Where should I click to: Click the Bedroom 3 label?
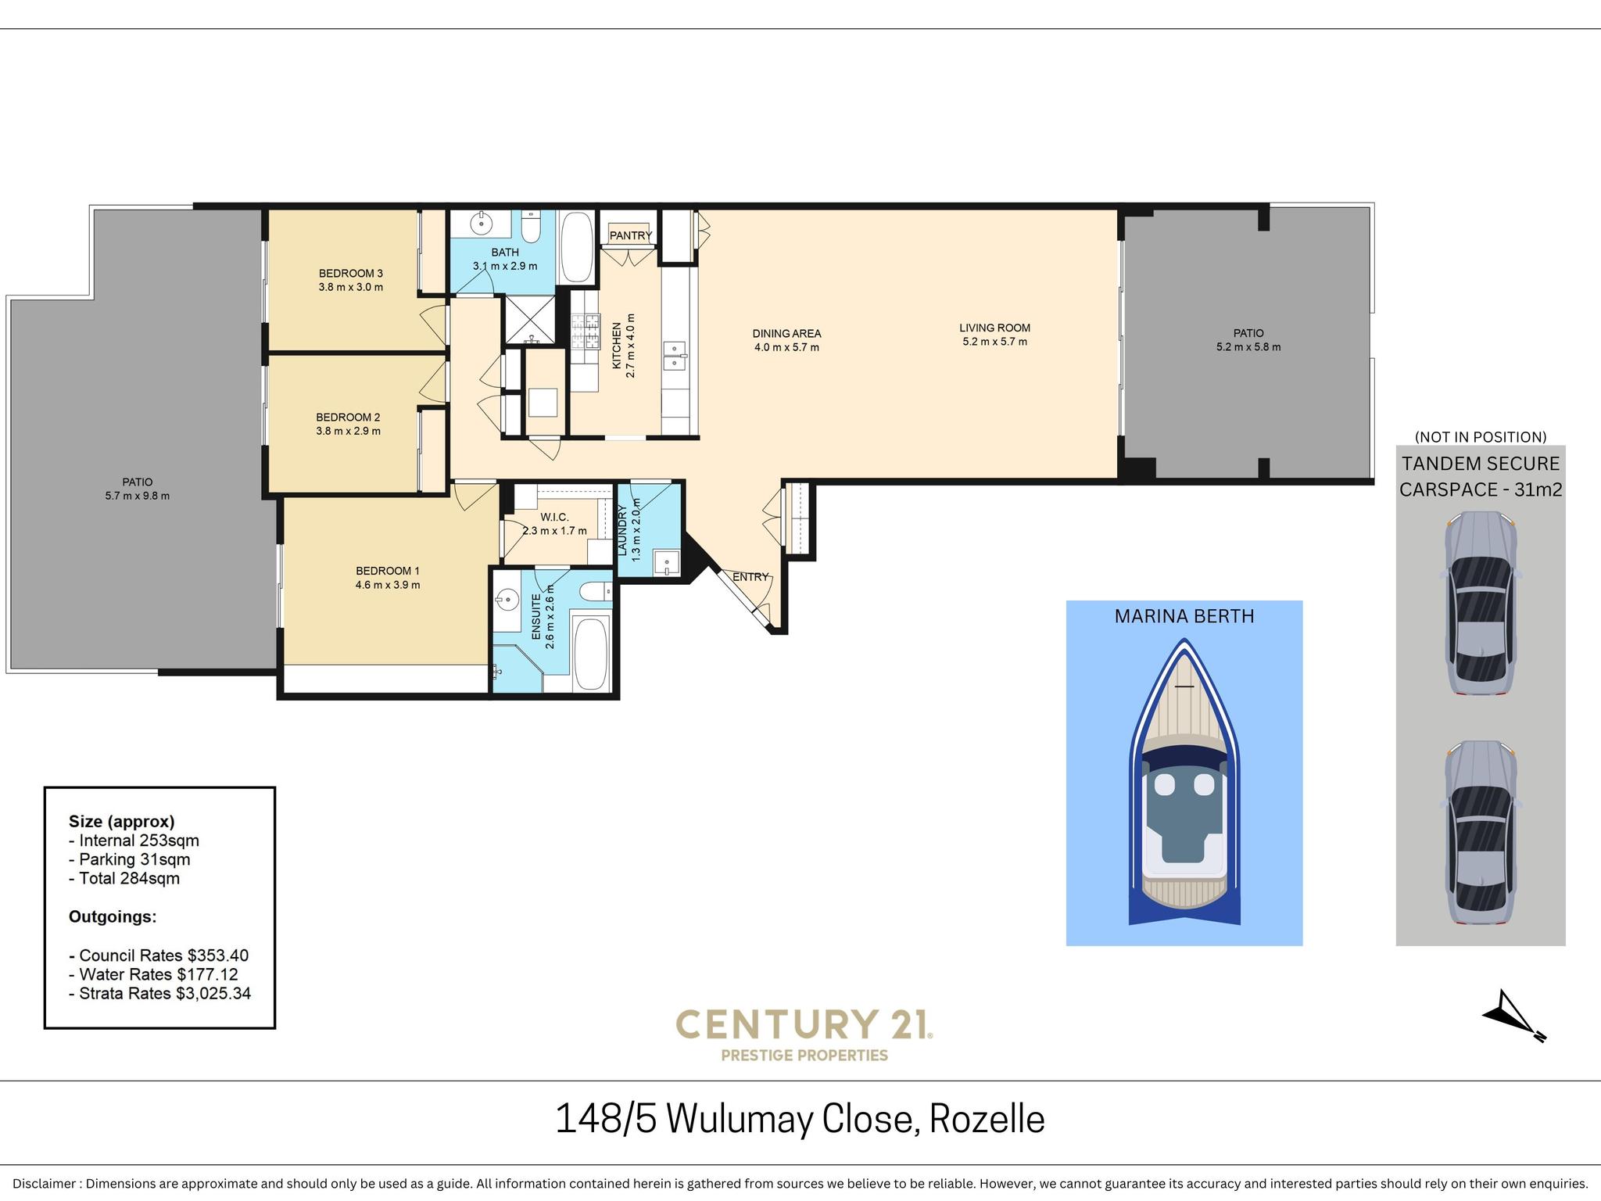click(x=351, y=273)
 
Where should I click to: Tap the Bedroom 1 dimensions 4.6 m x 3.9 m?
click(x=388, y=585)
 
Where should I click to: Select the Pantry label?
click(x=631, y=235)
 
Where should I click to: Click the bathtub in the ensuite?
click(x=591, y=654)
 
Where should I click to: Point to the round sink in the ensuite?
click(x=507, y=600)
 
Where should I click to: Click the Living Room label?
click(x=995, y=328)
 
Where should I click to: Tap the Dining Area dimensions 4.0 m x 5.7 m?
click(x=786, y=347)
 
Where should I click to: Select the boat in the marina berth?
click(x=1184, y=782)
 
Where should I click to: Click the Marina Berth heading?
click(x=1184, y=616)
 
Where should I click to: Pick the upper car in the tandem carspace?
click(x=1481, y=603)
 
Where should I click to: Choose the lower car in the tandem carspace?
click(x=1481, y=833)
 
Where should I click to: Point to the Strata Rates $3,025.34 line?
click(x=159, y=994)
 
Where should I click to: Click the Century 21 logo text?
click(x=804, y=1024)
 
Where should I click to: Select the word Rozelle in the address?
click(x=987, y=1119)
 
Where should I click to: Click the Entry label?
click(x=750, y=577)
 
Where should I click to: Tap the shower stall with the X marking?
click(x=530, y=320)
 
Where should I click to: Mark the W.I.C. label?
click(x=554, y=518)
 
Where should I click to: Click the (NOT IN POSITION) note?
click(x=1481, y=437)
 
